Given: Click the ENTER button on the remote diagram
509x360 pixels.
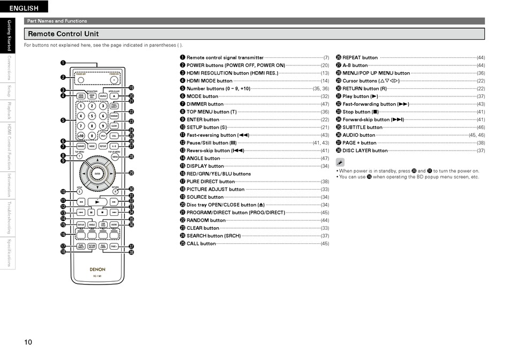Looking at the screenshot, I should (97, 174).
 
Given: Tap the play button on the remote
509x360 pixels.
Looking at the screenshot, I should (97, 202).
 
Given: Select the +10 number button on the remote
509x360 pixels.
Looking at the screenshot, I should (81, 136).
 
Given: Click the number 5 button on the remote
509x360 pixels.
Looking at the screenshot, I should (92, 116).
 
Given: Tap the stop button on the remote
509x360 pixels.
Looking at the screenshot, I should (103, 213).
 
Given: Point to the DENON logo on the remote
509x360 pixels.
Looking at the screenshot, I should (97, 269).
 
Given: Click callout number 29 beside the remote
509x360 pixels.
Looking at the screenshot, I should (131, 173).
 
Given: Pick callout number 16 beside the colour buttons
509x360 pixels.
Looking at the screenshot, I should (63, 235).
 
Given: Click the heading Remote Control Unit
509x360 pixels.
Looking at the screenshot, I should (63, 34).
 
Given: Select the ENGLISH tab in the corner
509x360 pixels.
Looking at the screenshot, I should (24, 7).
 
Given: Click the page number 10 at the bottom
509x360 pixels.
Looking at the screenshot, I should (28, 342).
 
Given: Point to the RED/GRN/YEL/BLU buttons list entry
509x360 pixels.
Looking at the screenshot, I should (218, 174).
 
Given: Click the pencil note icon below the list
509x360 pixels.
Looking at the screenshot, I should (340, 162).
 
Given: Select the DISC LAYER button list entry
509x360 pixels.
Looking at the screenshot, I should (365, 151).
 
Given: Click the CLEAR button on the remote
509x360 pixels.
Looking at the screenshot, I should (114, 126).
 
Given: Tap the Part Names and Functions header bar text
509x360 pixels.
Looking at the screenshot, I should (57, 21).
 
